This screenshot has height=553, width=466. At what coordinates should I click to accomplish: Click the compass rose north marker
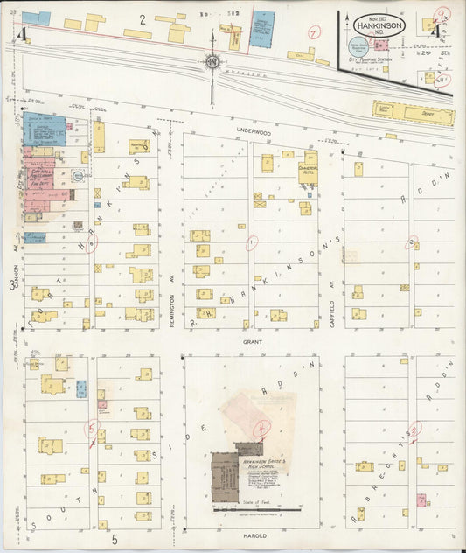coord(212,62)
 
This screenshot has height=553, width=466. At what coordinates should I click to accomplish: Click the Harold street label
coord(255,535)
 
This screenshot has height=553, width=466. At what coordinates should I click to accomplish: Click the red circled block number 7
coord(312,33)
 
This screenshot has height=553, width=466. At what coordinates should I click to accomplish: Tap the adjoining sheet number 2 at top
coord(142,17)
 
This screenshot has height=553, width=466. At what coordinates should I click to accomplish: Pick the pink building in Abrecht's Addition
coord(421,500)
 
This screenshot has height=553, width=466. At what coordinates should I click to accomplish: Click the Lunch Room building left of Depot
coord(384,110)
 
